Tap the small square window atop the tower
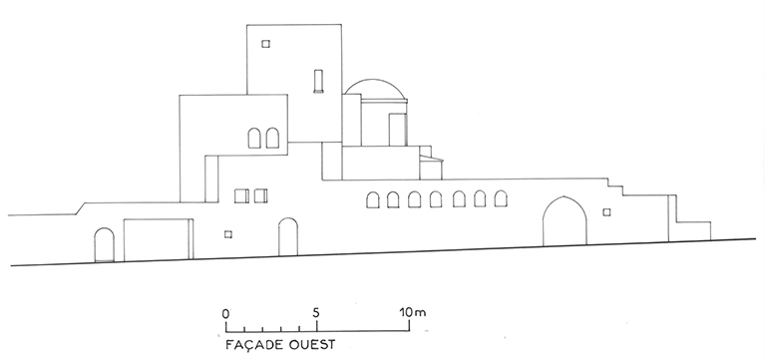click(265, 44)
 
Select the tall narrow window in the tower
click(318, 81)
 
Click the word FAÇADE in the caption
click(254, 345)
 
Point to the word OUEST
click(312, 345)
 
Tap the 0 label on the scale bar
click(225, 313)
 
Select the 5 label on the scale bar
click(316, 312)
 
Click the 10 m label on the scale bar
click(413, 312)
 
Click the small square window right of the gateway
click(606, 212)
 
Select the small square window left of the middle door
click(228, 234)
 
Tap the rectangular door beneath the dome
click(398, 130)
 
